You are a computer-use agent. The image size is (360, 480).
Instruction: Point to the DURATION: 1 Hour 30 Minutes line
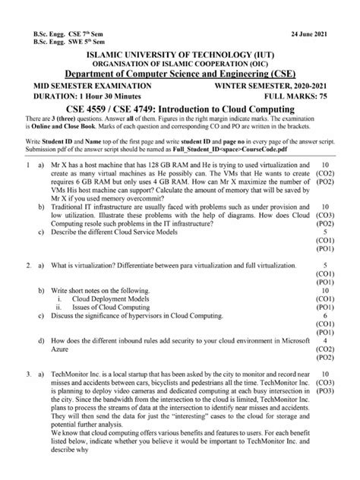click(86, 97)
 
